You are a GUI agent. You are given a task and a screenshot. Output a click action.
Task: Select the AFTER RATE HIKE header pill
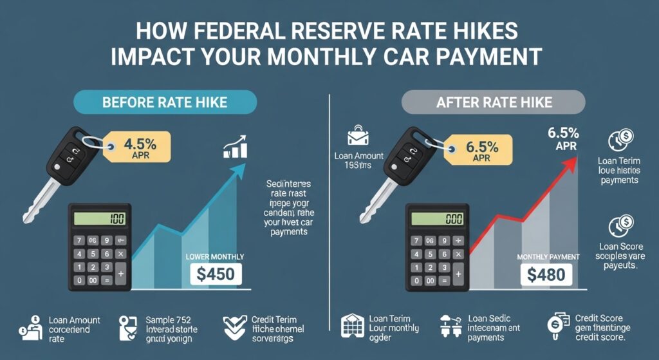494,102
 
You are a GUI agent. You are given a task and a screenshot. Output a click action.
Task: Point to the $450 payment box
217,274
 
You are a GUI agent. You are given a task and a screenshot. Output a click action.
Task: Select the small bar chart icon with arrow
236,147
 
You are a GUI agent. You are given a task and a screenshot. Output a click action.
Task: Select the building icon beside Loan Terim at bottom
352,327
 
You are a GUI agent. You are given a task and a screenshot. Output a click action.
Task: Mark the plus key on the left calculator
120,274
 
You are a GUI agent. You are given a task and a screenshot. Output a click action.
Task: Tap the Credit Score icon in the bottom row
555,327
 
